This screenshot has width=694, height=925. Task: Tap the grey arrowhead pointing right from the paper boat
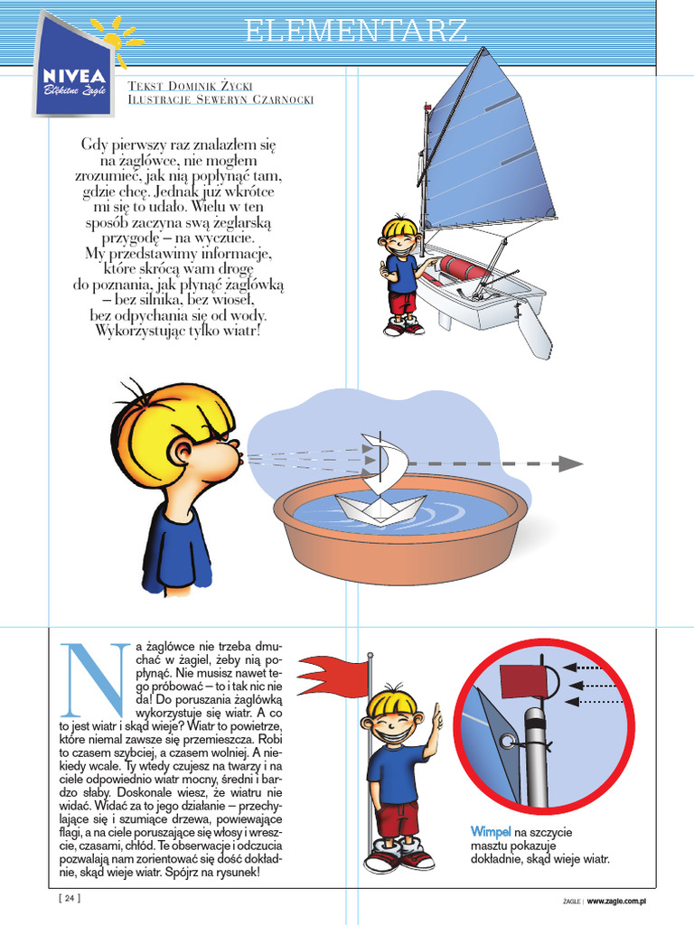coord(569,463)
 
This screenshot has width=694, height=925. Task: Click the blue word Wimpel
coord(491,831)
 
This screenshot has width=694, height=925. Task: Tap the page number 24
coord(69,898)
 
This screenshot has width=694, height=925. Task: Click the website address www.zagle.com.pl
coord(620,900)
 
